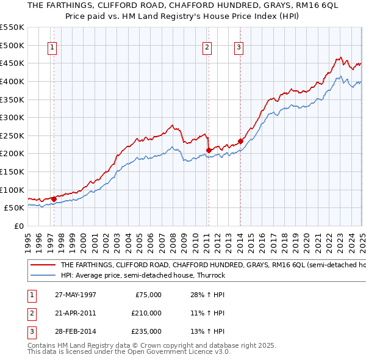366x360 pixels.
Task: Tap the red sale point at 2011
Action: (209, 149)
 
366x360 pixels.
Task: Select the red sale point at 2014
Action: (240, 141)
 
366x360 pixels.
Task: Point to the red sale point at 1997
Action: (54, 198)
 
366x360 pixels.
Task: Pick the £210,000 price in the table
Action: (146, 313)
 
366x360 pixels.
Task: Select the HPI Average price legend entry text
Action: (143, 275)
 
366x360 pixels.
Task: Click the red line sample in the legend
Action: (43, 265)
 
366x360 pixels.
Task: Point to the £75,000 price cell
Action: (148, 295)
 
